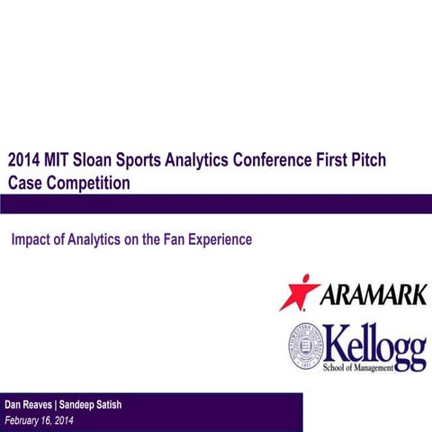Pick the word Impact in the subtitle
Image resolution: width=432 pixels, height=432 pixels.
[x=32, y=240]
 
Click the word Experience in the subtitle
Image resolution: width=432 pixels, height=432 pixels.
[x=222, y=240]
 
